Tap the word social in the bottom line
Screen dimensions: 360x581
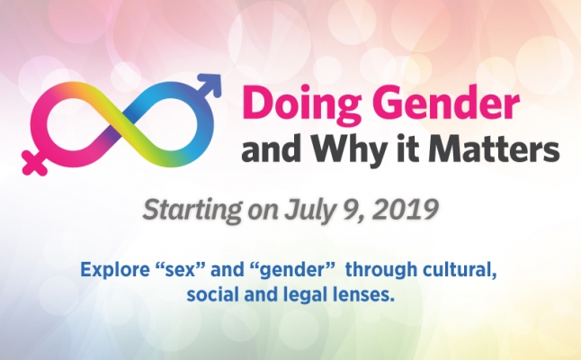211,294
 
